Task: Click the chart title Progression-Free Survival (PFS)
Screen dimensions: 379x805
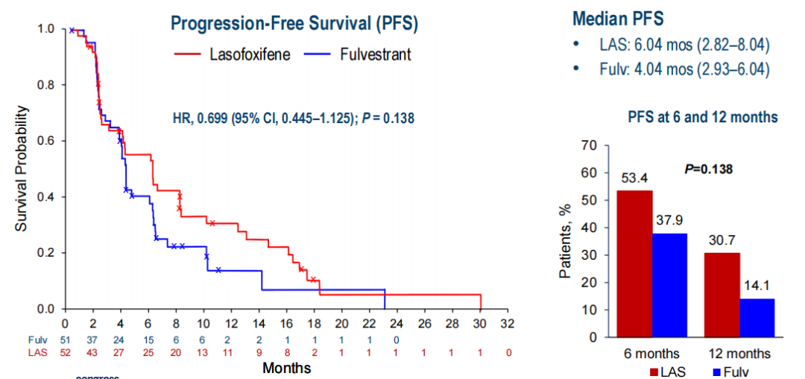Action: [x=294, y=23]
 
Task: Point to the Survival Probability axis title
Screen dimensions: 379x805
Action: [x=22, y=169]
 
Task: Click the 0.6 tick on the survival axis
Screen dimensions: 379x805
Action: [x=45, y=141]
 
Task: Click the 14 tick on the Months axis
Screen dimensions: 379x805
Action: [x=259, y=324]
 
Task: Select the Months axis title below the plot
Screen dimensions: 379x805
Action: [x=287, y=368]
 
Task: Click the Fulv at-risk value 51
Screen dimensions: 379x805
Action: [x=66, y=339]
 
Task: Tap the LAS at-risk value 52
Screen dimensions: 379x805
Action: [x=66, y=352]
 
